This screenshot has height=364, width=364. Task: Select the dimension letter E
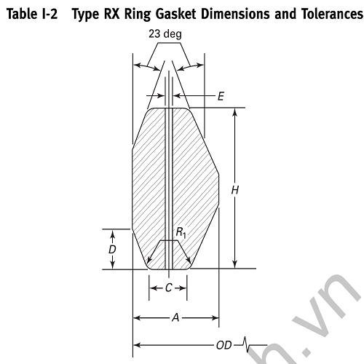[x=221, y=95]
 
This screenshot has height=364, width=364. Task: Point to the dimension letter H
[x=234, y=189]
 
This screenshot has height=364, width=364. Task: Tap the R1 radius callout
[x=180, y=232]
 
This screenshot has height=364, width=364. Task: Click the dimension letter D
[x=112, y=249]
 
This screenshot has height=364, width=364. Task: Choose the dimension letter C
[x=168, y=288]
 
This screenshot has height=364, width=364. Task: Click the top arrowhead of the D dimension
[x=112, y=233]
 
